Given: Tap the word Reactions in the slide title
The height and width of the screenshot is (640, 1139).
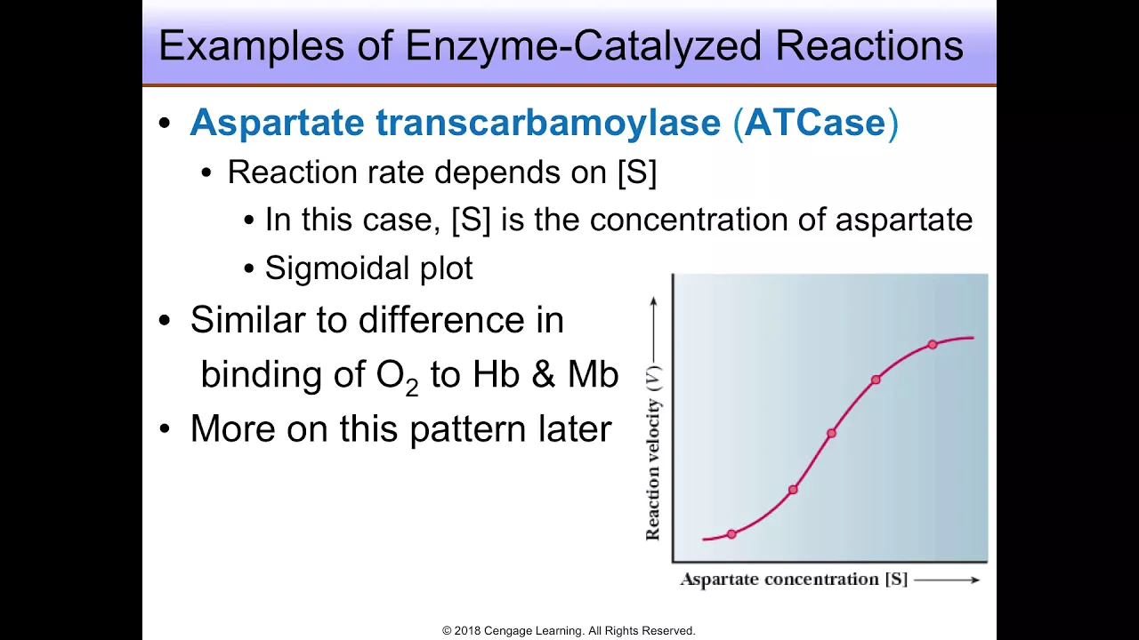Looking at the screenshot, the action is coord(869,45).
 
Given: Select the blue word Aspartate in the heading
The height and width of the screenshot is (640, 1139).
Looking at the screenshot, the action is coord(277,124).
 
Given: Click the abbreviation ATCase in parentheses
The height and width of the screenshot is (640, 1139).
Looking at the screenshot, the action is coord(815,123).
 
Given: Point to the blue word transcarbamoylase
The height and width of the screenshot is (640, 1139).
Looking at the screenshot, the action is coord(548,124).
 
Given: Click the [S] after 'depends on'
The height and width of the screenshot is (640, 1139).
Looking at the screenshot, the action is coord(637,172).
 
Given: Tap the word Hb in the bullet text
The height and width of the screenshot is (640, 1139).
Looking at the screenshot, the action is coord(496,374).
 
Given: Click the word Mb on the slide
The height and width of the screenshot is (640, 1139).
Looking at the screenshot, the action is coord(593,374).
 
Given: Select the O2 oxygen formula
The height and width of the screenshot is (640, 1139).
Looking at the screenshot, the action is coord(397,377).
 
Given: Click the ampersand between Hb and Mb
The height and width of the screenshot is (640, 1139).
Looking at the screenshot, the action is coord(543,374).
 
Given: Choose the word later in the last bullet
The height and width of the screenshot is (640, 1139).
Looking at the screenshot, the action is coord(575,428).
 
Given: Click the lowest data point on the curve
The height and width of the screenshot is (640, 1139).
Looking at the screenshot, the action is coord(731,534).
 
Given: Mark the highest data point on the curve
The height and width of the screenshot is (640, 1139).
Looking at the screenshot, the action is coord(933,344).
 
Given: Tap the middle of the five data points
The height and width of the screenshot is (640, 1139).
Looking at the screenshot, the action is coord(831,433).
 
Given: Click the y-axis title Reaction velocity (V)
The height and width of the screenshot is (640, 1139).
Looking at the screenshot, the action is coord(653,452).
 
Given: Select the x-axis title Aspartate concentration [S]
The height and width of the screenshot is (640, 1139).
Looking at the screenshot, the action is coord(794,579).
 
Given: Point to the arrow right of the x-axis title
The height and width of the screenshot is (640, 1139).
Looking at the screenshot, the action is coord(947,580).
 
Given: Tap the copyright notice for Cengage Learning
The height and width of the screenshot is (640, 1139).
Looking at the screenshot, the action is coord(569,630).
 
